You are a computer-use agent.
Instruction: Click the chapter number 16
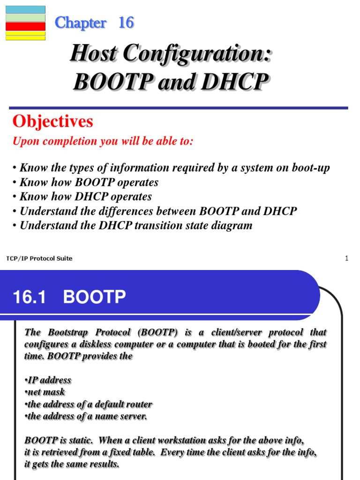[x=126, y=22]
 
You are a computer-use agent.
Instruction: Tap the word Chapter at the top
[x=81, y=22]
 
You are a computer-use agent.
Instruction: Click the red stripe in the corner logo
[x=25, y=26]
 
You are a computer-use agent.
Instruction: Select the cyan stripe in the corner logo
[x=25, y=9]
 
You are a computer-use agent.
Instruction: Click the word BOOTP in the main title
[x=111, y=82]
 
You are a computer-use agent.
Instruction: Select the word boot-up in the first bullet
[x=310, y=168]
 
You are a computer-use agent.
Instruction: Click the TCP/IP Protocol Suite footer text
[x=39, y=258]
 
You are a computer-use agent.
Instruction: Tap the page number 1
[x=346, y=258]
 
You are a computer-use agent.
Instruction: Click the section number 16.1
[x=29, y=297]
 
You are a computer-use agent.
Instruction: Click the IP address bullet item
[x=48, y=380]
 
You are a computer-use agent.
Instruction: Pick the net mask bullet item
[x=45, y=391]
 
